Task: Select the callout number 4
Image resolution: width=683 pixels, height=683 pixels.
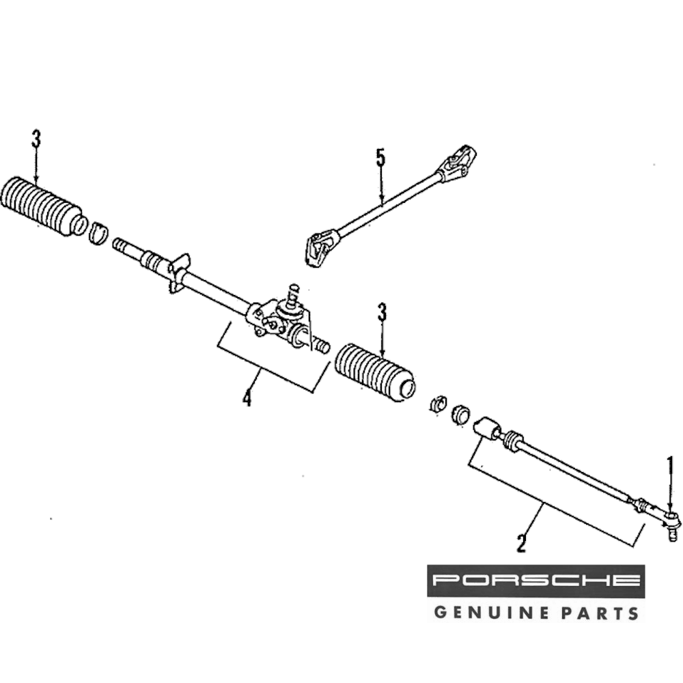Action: [x=247, y=396]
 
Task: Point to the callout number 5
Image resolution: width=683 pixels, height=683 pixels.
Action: [x=380, y=158]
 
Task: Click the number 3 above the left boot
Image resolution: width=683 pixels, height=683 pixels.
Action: [x=36, y=140]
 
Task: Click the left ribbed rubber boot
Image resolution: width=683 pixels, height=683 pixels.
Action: [x=42, y=204]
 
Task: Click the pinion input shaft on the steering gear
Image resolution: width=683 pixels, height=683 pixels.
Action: [x=294, y=295]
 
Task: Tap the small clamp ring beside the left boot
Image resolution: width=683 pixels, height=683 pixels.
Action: [x=100, y=232]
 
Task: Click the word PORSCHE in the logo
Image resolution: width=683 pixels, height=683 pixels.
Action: [x=535, y=581]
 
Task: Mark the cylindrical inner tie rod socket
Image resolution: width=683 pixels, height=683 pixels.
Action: [x=486, y=429]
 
